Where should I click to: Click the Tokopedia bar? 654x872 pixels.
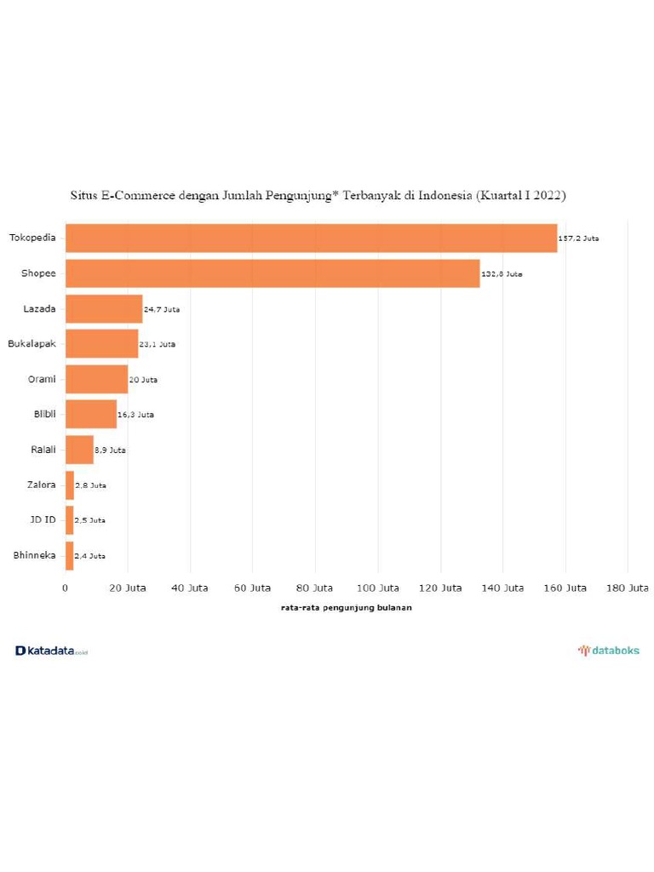tap(311, 238)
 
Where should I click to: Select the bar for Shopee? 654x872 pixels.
tap(272, 273)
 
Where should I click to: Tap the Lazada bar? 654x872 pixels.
tap(104, 308)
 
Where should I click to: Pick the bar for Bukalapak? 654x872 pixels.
tap(101, 343)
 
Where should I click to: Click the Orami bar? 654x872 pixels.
tap(96, 379)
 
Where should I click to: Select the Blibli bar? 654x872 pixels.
tap(91, 414)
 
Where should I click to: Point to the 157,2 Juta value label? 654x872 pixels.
tap(578, 238)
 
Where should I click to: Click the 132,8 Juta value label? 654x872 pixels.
tap(502, 274)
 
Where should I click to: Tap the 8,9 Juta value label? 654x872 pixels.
tap(110, 450)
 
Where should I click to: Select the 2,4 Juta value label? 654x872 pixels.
tap(89, 556)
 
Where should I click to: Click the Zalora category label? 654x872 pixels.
tap(41, 485)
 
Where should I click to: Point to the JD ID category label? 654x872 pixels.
tap(43, 519)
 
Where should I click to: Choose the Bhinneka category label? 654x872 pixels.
tap(35, 555)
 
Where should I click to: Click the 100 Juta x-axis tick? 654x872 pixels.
tap(378, 588)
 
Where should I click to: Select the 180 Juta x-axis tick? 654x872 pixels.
tap(628, 588)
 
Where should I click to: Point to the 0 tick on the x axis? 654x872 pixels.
tap(66, 588)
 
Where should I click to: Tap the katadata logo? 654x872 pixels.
tap(51, 651)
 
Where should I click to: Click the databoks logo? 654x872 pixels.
tap(609, 651)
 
